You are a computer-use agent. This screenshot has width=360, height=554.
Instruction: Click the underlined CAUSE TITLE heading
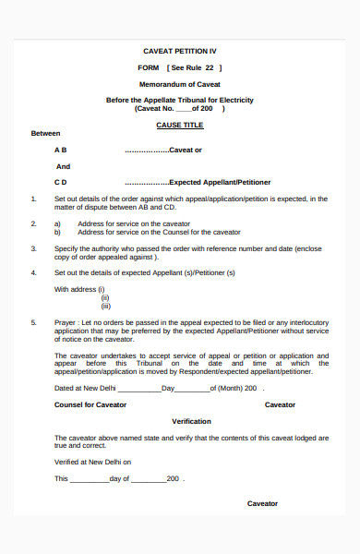point(180,124)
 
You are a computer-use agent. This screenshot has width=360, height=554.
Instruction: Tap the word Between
point(45,133)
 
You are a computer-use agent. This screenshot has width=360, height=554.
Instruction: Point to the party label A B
point(60,150)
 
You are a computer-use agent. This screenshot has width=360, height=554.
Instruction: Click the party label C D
point(60,183)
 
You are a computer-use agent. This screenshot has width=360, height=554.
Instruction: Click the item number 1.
point(33,199)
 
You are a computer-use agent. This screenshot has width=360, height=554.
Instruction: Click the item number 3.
point(33,248)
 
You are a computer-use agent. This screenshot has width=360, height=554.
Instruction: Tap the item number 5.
point(33,322)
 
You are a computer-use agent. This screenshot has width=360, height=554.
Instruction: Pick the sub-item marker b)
point(57,232)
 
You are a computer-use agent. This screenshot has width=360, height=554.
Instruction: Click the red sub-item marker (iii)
point(106,306)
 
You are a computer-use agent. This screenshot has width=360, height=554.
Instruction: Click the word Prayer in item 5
point(66,322)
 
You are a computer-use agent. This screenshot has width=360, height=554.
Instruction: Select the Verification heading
point(192,421)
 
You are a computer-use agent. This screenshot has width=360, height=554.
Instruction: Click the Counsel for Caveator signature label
point(90,404)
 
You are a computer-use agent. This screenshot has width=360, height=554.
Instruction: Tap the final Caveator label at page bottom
point(262,503)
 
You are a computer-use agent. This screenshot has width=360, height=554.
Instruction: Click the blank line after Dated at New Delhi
point(139,389)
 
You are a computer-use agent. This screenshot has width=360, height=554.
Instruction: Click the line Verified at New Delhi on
point(93,461)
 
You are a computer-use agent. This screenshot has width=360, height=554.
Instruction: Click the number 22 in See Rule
point(210,67)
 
